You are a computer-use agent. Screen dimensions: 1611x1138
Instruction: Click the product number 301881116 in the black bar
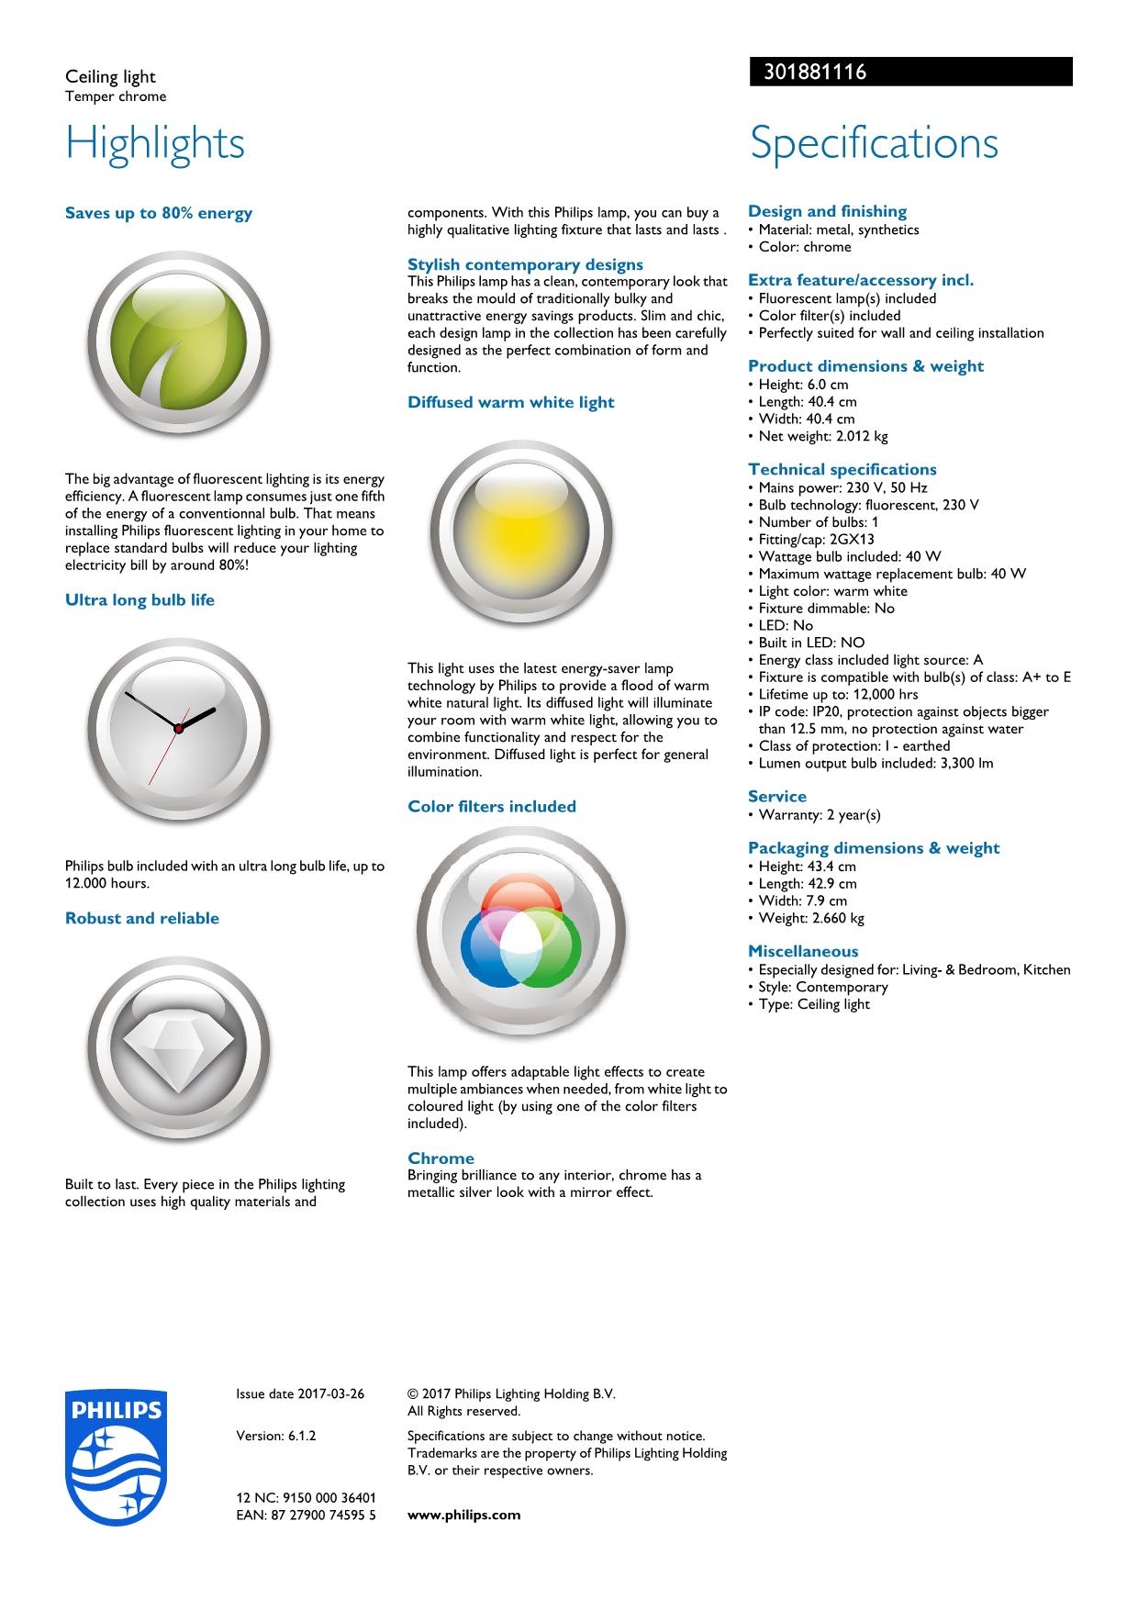[815, 72]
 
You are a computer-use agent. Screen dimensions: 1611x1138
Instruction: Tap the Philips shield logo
[115, 1457]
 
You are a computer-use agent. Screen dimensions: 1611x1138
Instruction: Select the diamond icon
[179, 1048]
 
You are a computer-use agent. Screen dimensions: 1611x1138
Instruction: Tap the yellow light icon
[521, 534]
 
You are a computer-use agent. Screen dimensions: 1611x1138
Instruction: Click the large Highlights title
[155, 143]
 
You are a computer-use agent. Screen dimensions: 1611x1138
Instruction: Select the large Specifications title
[874, 143]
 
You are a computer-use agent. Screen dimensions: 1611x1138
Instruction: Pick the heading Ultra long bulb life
[139, 600]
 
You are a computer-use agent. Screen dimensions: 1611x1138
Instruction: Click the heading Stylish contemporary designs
[525, 264]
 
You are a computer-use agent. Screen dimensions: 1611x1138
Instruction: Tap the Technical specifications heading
[842, 469]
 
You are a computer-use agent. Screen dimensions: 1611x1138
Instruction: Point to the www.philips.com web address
[463, 1515]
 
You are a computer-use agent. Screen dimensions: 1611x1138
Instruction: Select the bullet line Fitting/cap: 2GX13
[816, 539]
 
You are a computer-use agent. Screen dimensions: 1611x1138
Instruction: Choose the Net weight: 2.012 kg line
[822, 436]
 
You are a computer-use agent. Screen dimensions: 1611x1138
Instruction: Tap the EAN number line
[306, 1515]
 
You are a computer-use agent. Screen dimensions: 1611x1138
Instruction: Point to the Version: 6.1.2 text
[276, 1436]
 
